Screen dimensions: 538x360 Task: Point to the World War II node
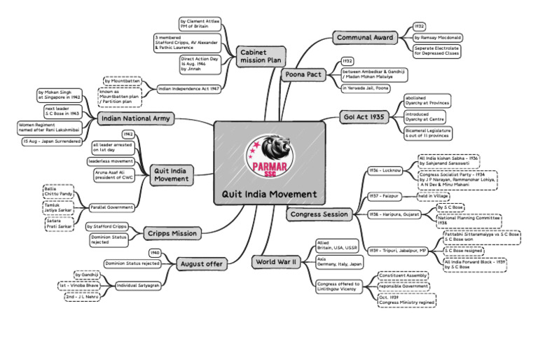pos(277,263)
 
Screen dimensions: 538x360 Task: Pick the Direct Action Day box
pos(200,64)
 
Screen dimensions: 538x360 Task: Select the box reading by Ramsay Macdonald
pos(437,37)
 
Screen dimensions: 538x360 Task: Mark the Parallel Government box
pos(112,207)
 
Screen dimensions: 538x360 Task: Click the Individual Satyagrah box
pos(137,286)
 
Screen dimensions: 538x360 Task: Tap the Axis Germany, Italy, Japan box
pos(340,261)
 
